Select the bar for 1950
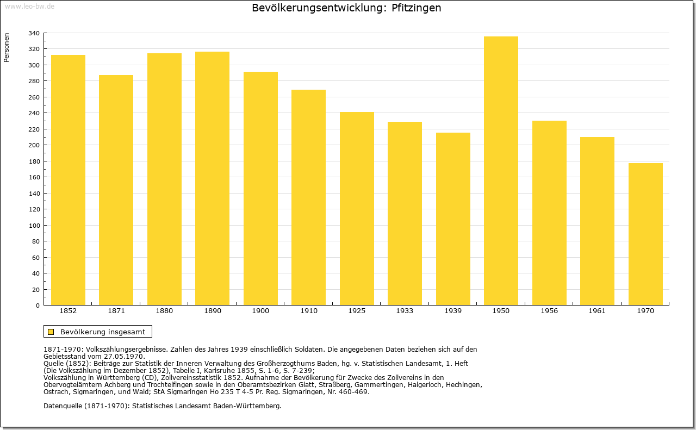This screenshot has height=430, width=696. (501, 171)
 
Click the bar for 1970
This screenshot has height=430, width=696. (645, 234)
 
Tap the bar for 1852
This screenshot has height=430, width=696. (68, 180)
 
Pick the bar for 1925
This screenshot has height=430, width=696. (357, 208)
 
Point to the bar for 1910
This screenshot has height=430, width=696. (308, 197)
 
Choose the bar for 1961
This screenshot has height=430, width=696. (597, 221)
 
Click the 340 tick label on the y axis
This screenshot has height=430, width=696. (34, 33)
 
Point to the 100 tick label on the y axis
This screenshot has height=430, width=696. (34, 226)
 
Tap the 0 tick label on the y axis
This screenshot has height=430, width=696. (38, 306)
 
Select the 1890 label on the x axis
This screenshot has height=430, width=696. (213, 311)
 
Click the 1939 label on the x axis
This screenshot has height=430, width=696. (453, 311)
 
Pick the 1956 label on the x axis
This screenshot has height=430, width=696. (549, 311)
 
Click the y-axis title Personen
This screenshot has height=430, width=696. (7, 47)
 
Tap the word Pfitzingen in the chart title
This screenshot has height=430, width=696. (416, 8)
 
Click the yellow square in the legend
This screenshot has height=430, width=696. (51, 332)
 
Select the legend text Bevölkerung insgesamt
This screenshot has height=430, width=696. (103, 332)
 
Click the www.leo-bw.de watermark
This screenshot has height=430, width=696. (29, 6)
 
